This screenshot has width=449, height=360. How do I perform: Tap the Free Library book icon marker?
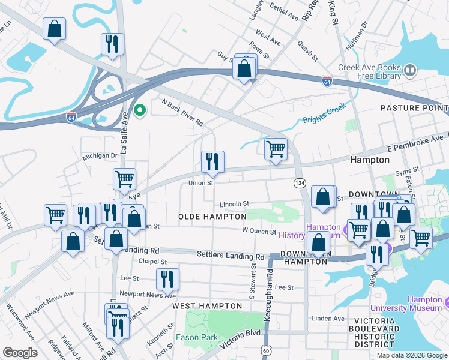tap(411, 71)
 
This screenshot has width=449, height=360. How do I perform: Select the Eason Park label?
tap(197, 337)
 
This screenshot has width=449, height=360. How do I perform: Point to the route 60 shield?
tap(265, 349)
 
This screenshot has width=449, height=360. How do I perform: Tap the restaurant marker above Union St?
tap(212, 161)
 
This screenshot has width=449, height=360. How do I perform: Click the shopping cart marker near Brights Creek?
tap(276, 149)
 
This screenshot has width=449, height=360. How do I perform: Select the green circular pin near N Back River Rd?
tap(140, 110)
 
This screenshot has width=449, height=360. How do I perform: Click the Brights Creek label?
tap(324, 119)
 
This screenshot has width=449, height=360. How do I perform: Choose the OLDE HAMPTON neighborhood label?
tap(212, 216)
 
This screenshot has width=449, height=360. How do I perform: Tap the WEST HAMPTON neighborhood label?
tap(207, 306)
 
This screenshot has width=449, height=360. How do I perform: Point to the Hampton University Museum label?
tap(424, 304)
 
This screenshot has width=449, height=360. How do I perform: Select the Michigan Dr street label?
tap(100, 156)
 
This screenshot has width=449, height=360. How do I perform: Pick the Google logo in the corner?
tap(20, 353)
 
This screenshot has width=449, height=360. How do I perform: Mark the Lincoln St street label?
tap(234, 204)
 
